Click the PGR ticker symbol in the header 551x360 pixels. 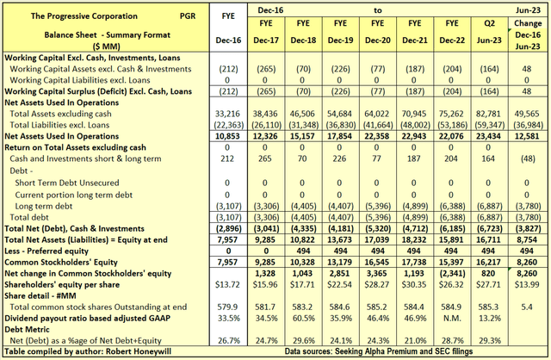tap(163, 16)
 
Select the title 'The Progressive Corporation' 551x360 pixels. tap(72, 16)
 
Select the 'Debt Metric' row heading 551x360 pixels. tap(30, 326)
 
